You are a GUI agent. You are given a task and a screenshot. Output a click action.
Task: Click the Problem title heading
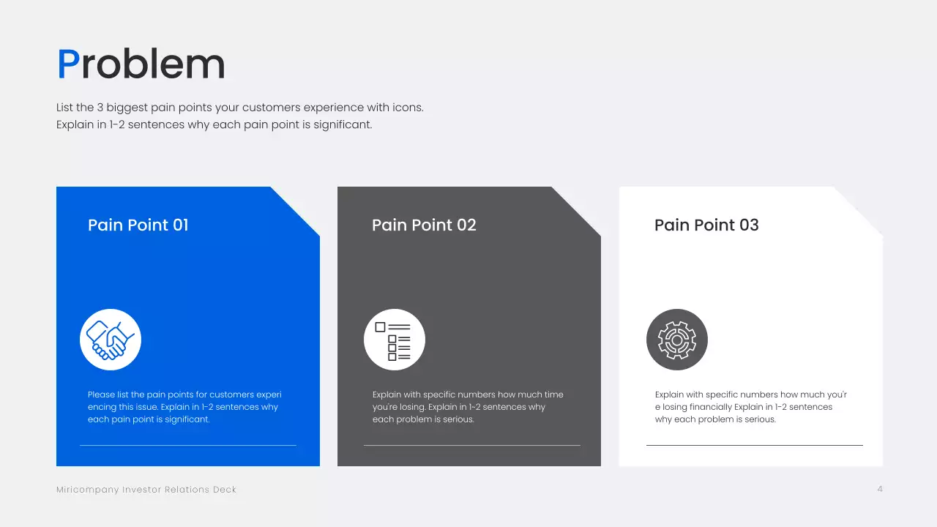(x=141, y=64)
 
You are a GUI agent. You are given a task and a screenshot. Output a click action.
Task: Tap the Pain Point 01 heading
(x=138, y=225)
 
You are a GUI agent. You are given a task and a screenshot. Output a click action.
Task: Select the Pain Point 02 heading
(x=424, y=225)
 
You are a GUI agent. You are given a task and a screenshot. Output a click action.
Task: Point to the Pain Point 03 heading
(x=706, y=225)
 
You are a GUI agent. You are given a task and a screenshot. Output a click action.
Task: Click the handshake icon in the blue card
(x=111, y=340)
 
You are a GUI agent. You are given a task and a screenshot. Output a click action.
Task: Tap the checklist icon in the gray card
(x=394, y=340)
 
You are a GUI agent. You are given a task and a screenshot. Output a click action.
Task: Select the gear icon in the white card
(x=677, y=340)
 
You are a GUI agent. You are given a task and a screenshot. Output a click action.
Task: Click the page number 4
(x=880, y=489)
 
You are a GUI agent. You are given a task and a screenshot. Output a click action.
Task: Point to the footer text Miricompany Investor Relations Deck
(x=146, y=490)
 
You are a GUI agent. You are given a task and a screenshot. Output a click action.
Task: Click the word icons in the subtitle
(x=407, y=108)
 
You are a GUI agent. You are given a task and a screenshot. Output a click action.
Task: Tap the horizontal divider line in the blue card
(x=188, y=445)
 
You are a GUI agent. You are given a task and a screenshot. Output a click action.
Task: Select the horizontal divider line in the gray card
(x=472, y=445)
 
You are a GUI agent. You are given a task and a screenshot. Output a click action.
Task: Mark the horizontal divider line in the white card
(x=755, y=445)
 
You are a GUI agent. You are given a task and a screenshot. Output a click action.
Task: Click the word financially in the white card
(x=711, y=407)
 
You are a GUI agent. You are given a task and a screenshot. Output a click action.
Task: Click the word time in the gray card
(x=554, y=395)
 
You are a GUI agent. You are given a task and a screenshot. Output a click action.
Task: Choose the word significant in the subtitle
(x=342, y=125)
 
